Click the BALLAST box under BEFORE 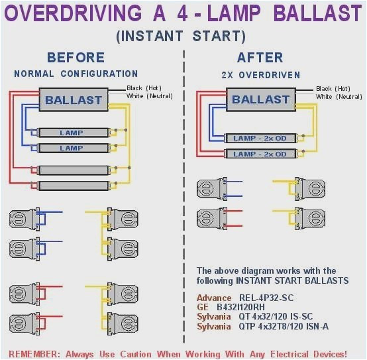(74, 101)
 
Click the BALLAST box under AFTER (260, 100)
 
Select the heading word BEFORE (76, 58)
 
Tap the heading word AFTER (260, 58)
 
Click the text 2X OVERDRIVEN (260, 75)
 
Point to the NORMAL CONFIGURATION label (76, 74)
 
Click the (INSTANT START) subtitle (180, 36)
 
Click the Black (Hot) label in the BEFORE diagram (144, 88)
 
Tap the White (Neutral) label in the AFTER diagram (334, 97)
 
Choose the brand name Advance (215, 298)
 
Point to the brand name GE (203, 308)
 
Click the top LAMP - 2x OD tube (260, 138)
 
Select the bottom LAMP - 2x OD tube (260, 154)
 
